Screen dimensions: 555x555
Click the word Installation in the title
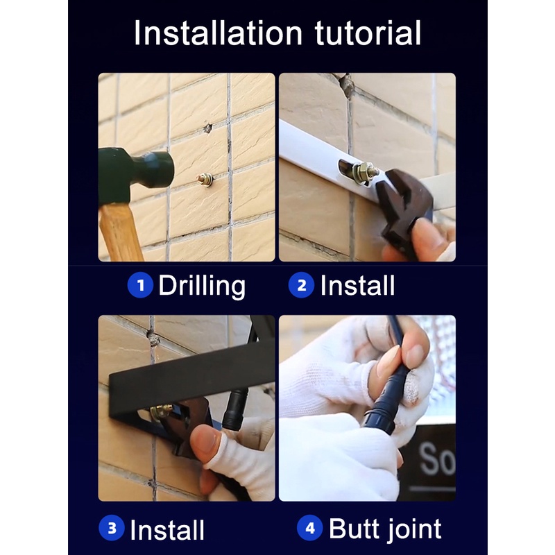pos(218,33)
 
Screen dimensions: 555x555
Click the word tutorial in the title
pos(368,33)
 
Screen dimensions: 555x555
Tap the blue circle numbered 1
pos(141,285)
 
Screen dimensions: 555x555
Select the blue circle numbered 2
pos(301,285)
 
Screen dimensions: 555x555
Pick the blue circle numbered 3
pos(112,528)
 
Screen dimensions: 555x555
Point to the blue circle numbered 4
pos(309,528)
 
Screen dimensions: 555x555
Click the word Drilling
pos(202,287)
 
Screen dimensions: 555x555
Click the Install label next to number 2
pos(357,285)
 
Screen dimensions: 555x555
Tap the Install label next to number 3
pos(167,530)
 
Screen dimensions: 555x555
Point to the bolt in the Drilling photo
pos(205,180)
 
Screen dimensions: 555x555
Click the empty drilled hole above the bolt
pos(207,128)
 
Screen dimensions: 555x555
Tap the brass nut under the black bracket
pos(160,411)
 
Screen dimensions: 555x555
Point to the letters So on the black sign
pos(438,459)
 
